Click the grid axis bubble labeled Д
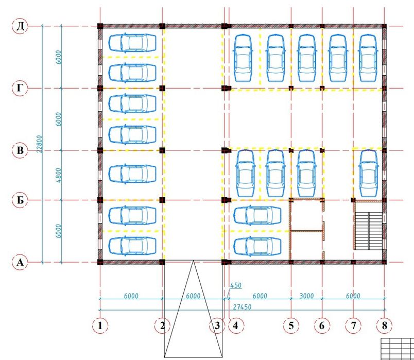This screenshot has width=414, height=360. pyautogui.click(x=20, y=26)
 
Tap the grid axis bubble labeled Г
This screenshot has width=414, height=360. pyautogui.click(x=20, y=88)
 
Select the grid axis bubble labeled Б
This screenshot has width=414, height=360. pyautogui.click(x=20, y=200)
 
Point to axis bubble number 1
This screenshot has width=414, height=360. pyautogui.click(x=100, y=325)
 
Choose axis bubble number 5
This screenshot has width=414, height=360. pyautogui.click(x=291, y=325)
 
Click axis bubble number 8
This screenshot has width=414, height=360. pyautogui.click(x=384, y=325)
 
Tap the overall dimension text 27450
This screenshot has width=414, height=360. pyautogui.click(x=242, y=307)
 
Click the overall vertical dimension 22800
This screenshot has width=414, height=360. pyautogui.click(x=39, y=144)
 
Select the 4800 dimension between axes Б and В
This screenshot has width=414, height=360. pyautogui.click(x=58, y=175)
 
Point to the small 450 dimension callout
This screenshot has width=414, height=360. pyautogui.click(x=236, y=285)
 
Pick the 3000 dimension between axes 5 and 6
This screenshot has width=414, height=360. pyautogui.click(x=306, y=296)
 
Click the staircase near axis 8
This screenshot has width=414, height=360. pyautogui.click(x=368, y=230)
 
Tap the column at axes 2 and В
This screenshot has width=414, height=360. pyautogui.click(x=162, y=150)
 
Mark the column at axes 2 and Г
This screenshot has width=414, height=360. pyautogui.click(x=162, y=88)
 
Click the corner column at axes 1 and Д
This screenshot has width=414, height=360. pyautogui.click(x=100, y=26)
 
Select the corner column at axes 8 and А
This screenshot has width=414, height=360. pyautogui.click(x=384, y=262)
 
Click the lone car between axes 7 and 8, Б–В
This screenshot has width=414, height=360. pyautogui.click(x=369, y=173)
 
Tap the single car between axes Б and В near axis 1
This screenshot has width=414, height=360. pyautogui.click(x=132, y=174)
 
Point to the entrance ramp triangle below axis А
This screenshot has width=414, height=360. pyautogui.click(x=193, y=308)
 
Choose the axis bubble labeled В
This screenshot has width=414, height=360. pyautogui.click(x=20, y=150)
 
